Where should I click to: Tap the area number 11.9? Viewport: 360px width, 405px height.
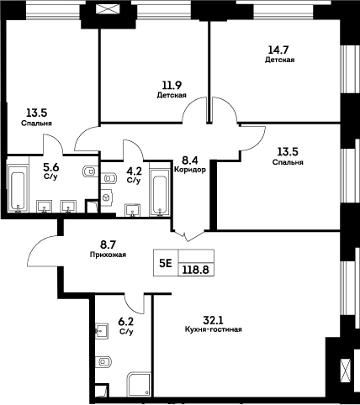[171, 85]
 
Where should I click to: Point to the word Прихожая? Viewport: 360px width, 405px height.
[108, 254]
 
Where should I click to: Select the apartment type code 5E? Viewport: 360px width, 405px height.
[165, 262]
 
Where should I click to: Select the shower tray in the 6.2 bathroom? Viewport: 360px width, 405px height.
[138, 384]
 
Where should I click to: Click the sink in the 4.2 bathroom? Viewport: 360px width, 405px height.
[131, 208]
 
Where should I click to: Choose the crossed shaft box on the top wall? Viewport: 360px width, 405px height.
[106, 10]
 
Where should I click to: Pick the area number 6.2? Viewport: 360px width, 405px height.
[127, 322]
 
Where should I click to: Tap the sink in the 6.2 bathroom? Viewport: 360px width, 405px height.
[100, 330]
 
